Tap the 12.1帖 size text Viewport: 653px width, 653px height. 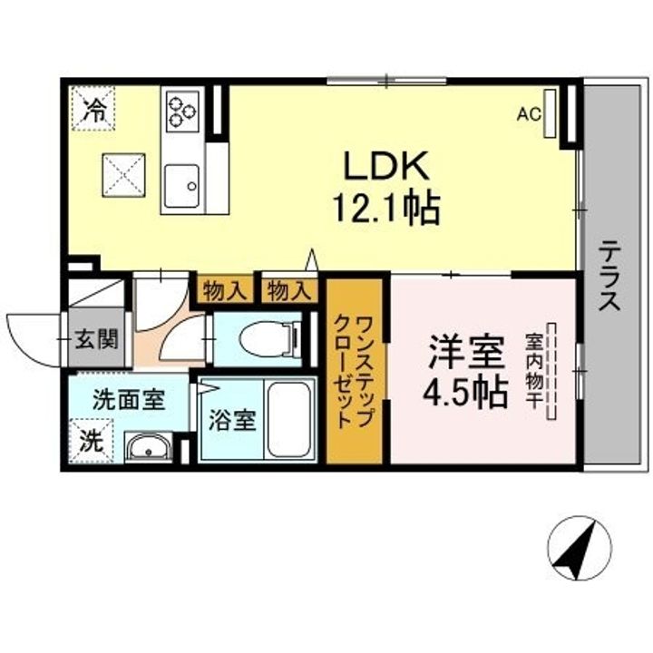tap(389, 210)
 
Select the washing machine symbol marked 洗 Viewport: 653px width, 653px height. tap(92, 442)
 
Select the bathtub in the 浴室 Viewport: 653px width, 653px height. tap(288, 420)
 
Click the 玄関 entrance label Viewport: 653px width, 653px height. tap(94, 340)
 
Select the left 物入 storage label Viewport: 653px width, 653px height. tap(223, 290)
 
